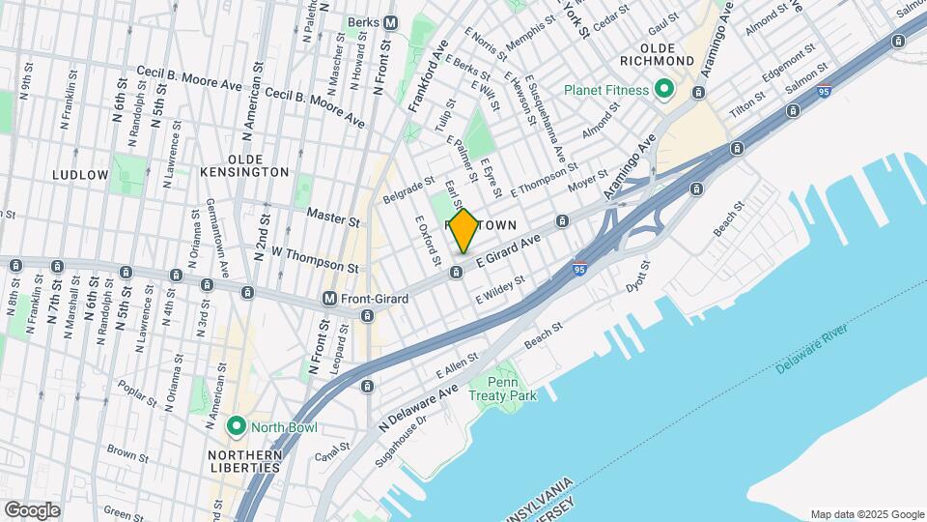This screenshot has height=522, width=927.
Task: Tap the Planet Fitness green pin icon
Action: pyautogui.click(x=664, y=89)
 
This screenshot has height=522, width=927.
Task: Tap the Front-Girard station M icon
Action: pyautogui.click(x=330, y=299)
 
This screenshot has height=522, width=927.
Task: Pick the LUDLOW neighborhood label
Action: pyautogui.click(x=81, y=175)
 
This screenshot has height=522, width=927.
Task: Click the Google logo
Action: pyautogui.click(x=33, y=509)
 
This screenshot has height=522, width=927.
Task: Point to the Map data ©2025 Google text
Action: pyautogui.click(x=866, y=514)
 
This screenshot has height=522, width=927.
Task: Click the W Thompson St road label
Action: pyautogui.click(x=315, y=259)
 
